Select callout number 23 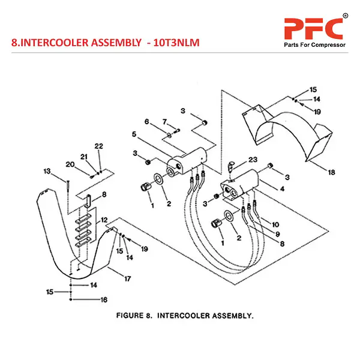point(253,160)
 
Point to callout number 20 point(70,164)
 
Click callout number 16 point(103,299)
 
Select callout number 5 point(134,134)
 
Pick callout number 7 point(165,122)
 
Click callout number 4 point(283,189)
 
